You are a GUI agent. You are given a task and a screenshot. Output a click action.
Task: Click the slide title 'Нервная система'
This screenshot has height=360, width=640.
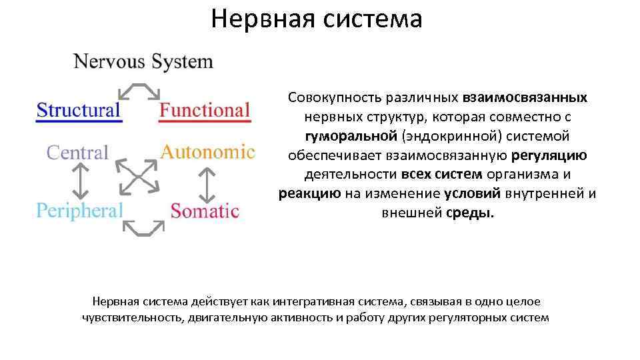coord(317,19)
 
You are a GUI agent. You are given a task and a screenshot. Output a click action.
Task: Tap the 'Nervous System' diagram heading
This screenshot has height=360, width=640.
coord(143,62)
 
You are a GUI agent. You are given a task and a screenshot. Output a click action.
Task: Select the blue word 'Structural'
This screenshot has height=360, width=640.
coord(79,110)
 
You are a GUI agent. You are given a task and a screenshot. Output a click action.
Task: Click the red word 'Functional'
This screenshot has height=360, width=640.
coord(205,110)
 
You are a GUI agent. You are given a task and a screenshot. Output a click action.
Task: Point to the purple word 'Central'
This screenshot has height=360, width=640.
coord(77,153)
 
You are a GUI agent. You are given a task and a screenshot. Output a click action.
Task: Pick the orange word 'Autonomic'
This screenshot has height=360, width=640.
coord(207,152)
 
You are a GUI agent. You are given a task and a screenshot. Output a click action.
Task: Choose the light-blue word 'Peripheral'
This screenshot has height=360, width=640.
coord(79,211)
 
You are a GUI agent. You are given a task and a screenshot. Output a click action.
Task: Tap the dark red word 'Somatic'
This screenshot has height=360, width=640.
coord(205,211)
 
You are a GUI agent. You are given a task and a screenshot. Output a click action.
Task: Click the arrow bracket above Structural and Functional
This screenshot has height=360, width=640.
coord(139,91)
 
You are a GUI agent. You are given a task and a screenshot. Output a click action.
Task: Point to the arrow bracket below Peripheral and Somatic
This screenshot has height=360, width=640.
coord(143,228)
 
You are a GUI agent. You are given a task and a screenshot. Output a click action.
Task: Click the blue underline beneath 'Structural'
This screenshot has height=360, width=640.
coord(79,121)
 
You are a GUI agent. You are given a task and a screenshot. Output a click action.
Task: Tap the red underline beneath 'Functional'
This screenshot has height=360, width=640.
coord(205,121)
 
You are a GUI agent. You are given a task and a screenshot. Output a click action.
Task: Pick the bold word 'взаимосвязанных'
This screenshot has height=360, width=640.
coord(525,97)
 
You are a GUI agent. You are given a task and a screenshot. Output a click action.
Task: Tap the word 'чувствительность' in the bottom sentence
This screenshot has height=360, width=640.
coord(129,317)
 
